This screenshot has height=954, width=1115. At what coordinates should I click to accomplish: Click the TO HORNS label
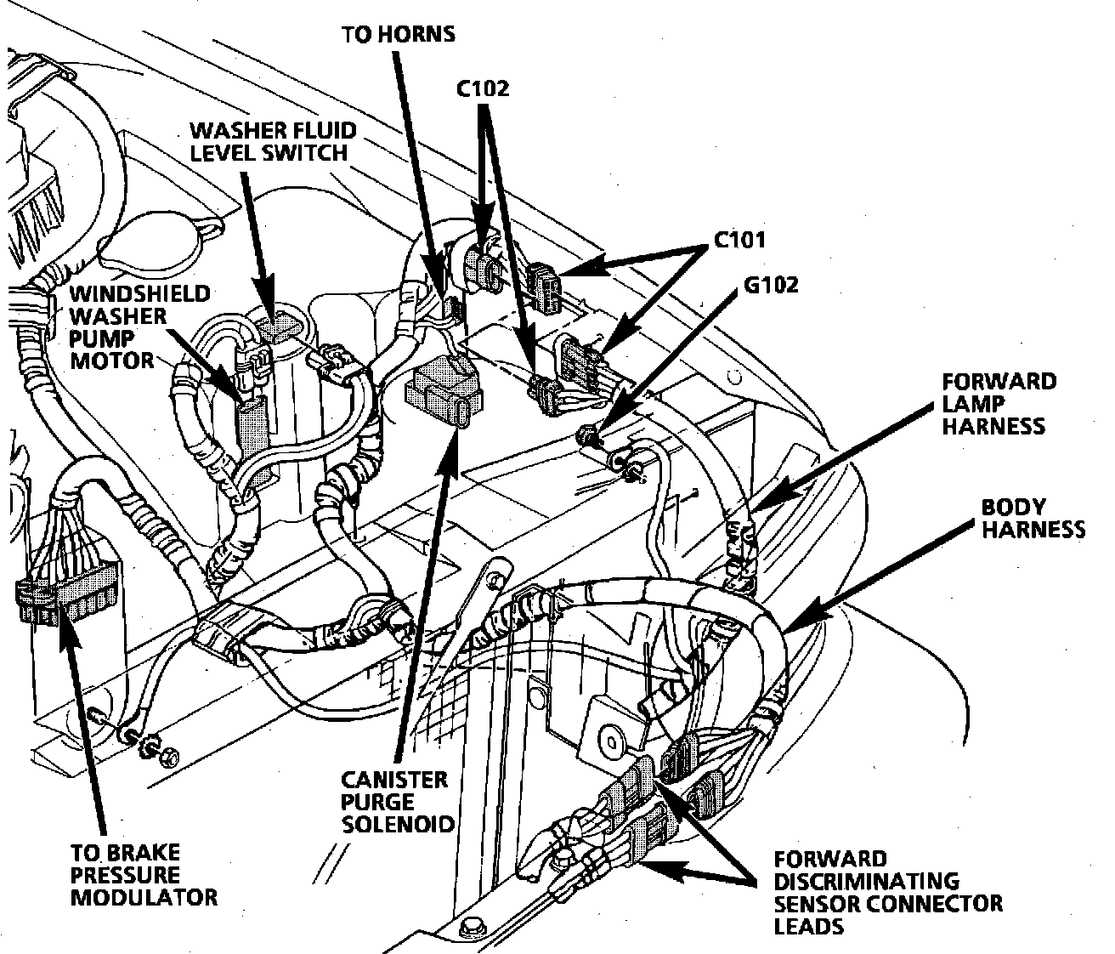pos(398,34)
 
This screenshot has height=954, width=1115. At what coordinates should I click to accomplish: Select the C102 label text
pos(482,88)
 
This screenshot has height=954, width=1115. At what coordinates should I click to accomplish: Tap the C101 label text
pos(738,241)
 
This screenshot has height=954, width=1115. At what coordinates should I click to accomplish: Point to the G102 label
pos(771,284)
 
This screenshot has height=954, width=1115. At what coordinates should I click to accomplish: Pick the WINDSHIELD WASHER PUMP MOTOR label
pos(139,327)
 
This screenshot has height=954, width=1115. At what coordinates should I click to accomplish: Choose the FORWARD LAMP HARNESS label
pos(998,403)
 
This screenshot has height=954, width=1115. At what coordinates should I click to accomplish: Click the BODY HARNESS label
pos(1032,518)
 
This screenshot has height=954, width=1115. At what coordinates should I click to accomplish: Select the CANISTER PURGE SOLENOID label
pos(396,801)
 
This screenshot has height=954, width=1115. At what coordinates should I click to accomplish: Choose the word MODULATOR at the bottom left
pos(143,896)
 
